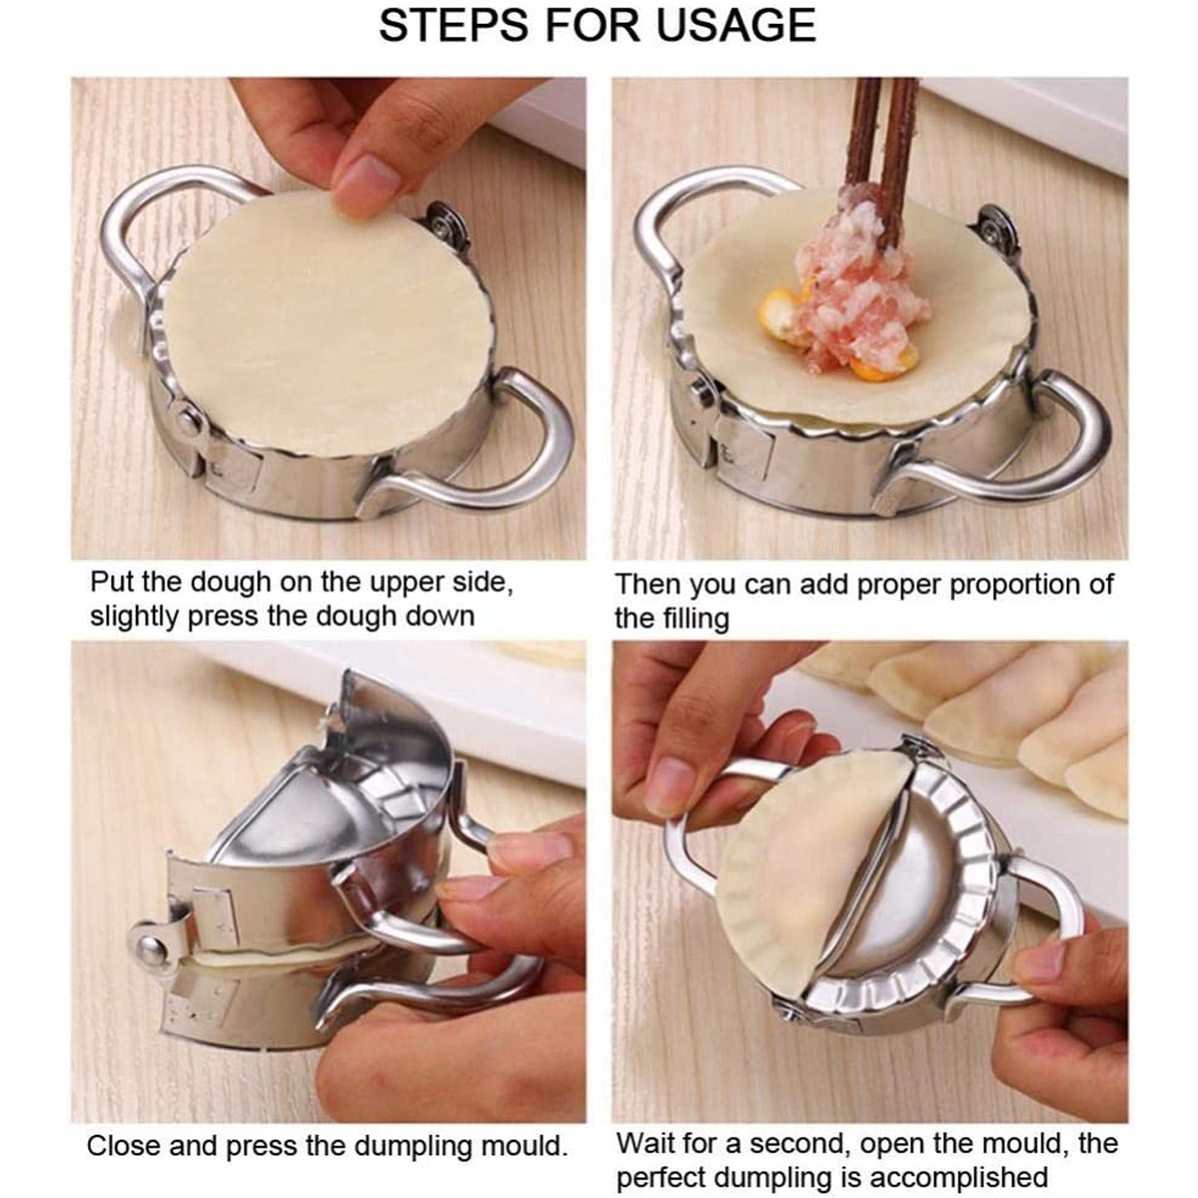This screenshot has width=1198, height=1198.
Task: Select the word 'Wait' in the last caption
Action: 648,1145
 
